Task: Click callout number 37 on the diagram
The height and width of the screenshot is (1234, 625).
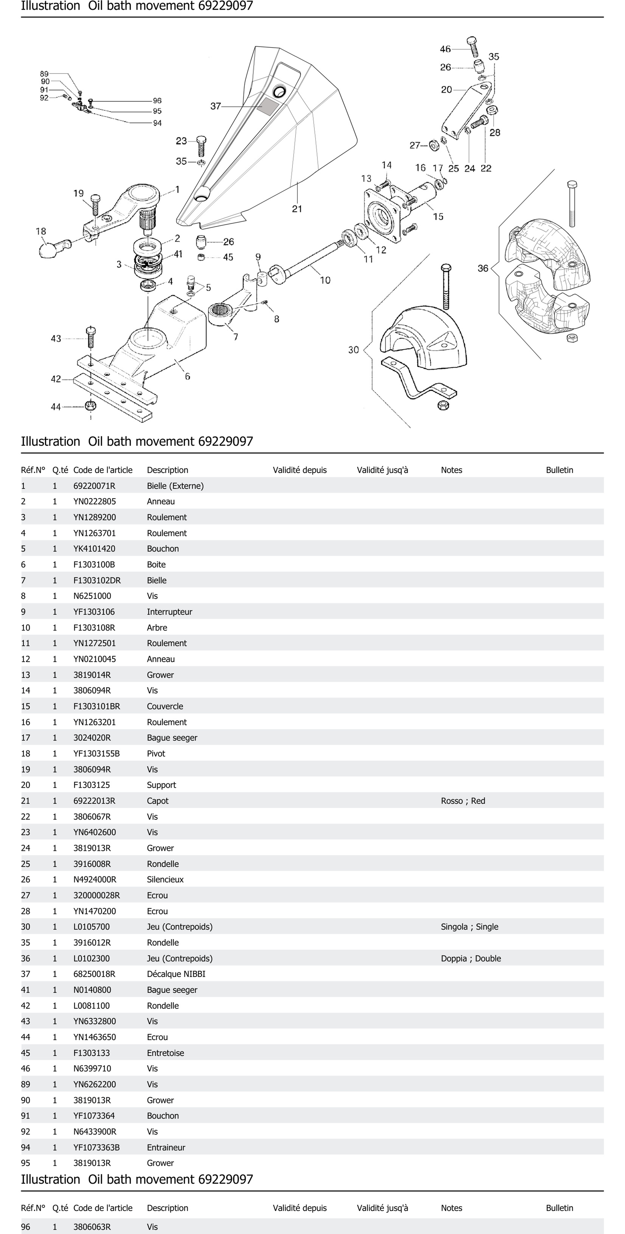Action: (216, 106)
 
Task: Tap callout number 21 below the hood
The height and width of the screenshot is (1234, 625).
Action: (297, 209)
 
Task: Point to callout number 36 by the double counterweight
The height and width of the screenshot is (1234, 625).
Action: (483, 268)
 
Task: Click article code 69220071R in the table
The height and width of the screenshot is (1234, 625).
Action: (94, 486)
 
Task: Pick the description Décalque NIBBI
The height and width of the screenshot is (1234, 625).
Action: (176, 974)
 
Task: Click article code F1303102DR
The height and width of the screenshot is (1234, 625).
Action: (97, 580)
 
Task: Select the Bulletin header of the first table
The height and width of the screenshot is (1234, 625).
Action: (559, 470)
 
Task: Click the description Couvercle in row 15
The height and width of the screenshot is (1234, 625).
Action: (165, 706)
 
